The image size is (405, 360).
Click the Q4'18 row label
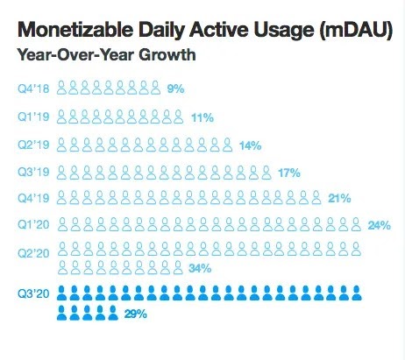(x=33, y=88)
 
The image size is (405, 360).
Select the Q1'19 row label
(x=33, y=116)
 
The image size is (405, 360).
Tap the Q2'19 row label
(x=33, y=145)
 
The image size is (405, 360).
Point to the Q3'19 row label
(x=33, y=172)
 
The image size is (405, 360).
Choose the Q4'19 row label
(x=33, y=198)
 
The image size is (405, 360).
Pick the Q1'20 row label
(x=33, y=225)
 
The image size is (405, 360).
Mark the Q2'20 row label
(x=33, y=253)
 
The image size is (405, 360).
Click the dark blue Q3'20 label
(x=33, y=293)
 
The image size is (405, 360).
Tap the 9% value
(x=175, y=88)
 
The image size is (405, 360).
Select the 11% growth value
(x=202, y=118)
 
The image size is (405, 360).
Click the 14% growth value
(x=250, y=145)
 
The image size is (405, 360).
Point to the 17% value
(x=289, y=173)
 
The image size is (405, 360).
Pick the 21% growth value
(x=339, y=199)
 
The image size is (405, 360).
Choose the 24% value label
(x=379, y=225)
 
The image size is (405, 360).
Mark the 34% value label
(x=200, y=268)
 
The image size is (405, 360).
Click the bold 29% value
(x=136, y=314)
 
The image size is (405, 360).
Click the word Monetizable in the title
(x=75, y=30)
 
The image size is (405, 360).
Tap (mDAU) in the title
(x=356, y=31)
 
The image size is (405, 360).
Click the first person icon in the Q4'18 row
(x=61, y=88)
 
